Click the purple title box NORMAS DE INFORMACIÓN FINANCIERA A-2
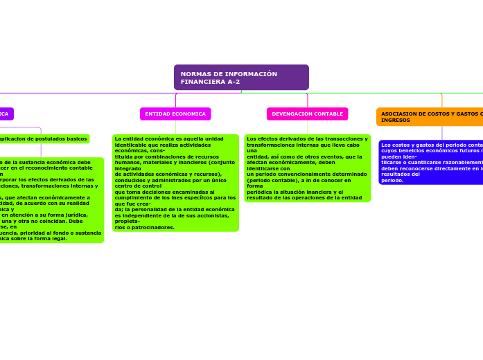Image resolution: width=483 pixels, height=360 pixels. click(x=241, y=78)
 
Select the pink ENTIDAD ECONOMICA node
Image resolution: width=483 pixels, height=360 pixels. click(x=175, y=114)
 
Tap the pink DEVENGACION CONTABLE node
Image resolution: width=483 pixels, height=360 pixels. click(x=307, y=114)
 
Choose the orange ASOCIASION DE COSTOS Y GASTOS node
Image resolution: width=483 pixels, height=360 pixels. click(x=430, y=117)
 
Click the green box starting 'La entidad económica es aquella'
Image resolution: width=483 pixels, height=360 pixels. click(x=175, y=183)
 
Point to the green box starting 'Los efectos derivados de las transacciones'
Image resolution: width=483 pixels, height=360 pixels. click(x=307, y=168)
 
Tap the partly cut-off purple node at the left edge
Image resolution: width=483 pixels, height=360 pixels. click(x=6, y=114)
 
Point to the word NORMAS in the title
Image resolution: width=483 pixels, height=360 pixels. click(x=195, y=74)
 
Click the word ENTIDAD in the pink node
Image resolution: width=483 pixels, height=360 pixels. click(x=158, y=114)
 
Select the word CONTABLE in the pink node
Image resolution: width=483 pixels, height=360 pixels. click(x=328, y=114)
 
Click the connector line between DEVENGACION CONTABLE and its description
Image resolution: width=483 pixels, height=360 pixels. click(x=307, y=127)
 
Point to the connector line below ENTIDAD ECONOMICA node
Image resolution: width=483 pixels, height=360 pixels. click(x=175, y=127)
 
